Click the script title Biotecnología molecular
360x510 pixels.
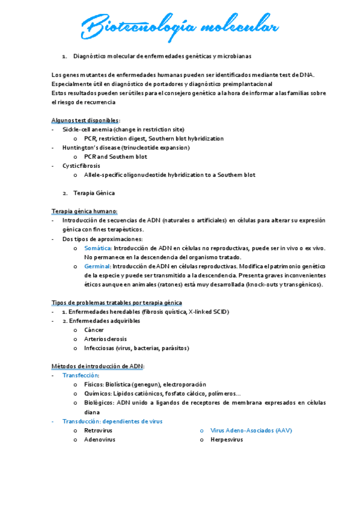[x=180, y=28]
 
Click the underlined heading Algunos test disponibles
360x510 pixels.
[x=85, y=120]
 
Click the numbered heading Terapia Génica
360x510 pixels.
[x=93, y=193]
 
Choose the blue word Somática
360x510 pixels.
[x=97, y=248]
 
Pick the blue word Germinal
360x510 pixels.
[x=97, y=266]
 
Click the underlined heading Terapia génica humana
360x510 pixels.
[x=85, y=211]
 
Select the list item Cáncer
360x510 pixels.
[x=94, y=330]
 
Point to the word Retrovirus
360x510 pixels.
[x=98, y=431]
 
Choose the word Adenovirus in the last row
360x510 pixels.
[x=99, y=440]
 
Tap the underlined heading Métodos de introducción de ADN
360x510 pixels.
[x=98, y=366]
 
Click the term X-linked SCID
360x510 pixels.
[x=209, y=312]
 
